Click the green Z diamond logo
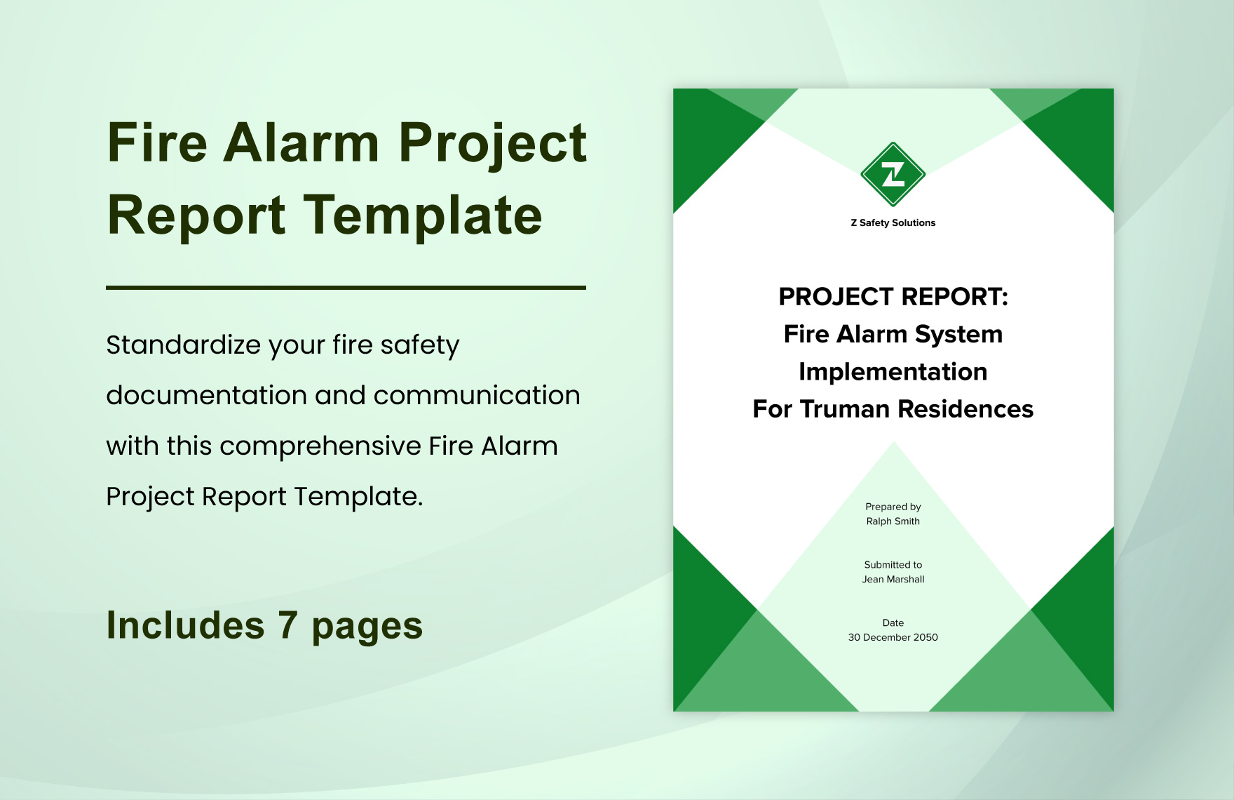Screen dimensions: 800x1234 point(893,175)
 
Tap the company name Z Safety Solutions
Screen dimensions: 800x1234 point(893,222)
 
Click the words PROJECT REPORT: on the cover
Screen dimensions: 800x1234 point(893,297)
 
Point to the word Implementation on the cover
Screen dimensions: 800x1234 point(893,372)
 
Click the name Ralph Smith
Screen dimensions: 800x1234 point(893,521)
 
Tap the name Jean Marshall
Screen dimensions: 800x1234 point(893,580)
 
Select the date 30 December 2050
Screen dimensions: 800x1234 point(893,637)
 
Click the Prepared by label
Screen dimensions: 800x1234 point(893,507)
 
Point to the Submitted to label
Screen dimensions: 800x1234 point(893,565)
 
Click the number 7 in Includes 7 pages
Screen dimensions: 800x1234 point(287,625)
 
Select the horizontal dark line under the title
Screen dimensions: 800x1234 point(346,288)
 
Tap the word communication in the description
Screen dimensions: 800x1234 point(477,396)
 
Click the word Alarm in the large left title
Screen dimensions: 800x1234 point(301,143)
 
